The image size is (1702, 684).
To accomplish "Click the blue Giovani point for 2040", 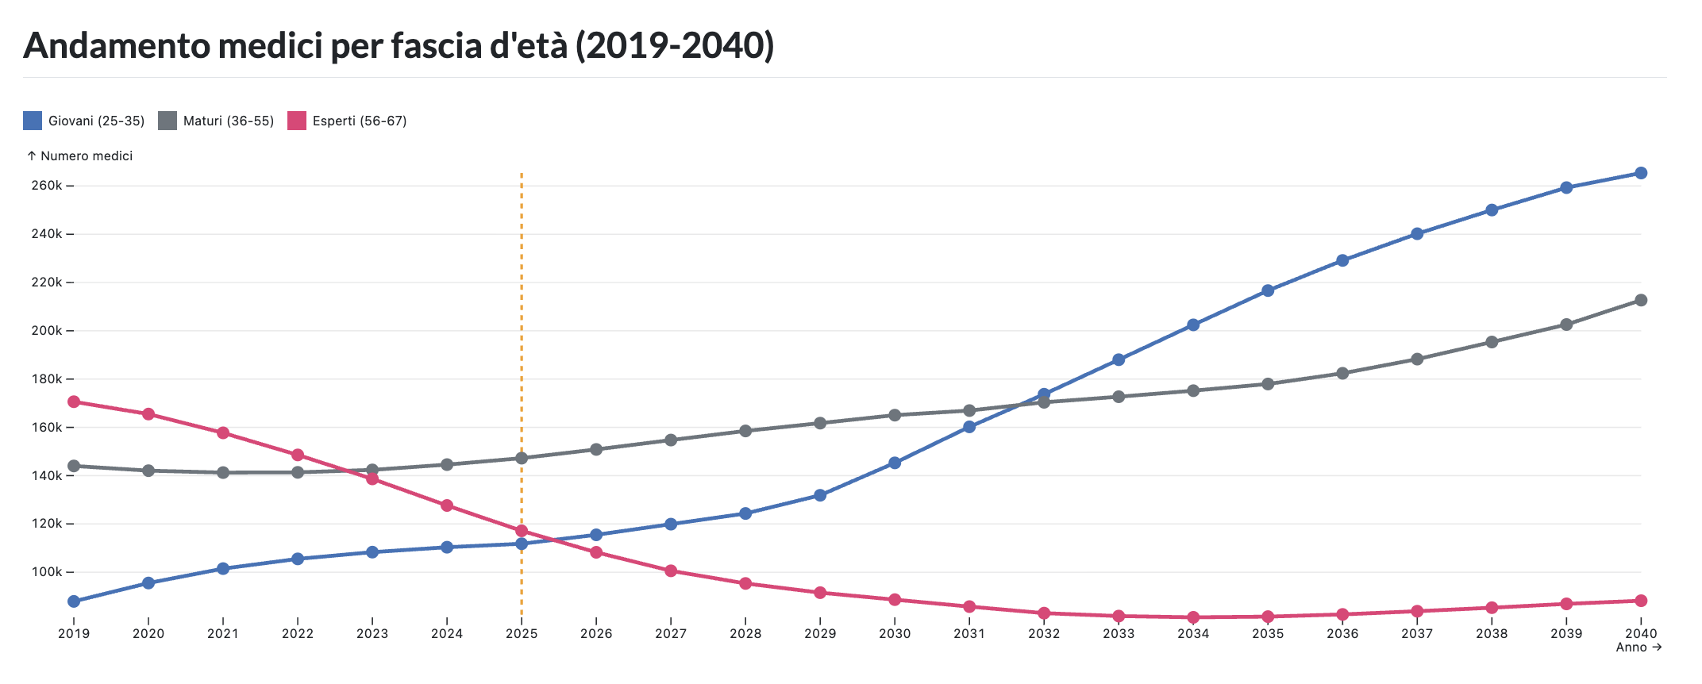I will (1641, 173).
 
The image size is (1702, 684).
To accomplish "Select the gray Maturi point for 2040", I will (1641, 300).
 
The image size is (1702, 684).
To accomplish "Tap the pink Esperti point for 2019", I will (74, 402).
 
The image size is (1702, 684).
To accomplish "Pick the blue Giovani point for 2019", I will (74, 601).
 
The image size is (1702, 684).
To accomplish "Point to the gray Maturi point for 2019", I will (74, 466).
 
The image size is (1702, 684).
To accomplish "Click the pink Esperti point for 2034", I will (1193, 617).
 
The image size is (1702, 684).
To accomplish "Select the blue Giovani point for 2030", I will (895, 463).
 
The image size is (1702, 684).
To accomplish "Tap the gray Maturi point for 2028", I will (745, 431).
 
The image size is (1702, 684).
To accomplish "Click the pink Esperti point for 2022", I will (298, 455).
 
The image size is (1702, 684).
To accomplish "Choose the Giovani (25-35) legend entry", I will (85, 121).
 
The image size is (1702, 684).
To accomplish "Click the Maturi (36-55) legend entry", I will (217, 121).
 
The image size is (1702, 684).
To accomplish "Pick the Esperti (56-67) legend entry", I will (348, 121).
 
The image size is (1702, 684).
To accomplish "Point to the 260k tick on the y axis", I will (47, 186).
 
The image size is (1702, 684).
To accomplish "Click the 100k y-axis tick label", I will (47, 572).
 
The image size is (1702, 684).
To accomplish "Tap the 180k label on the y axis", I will (47, 379).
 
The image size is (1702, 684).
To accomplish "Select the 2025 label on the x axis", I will (522, 633).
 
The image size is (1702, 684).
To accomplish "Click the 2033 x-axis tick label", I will (1119, 633).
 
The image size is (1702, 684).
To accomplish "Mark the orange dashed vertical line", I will (522, 317).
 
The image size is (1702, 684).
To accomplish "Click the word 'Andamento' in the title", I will (117, 46).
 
